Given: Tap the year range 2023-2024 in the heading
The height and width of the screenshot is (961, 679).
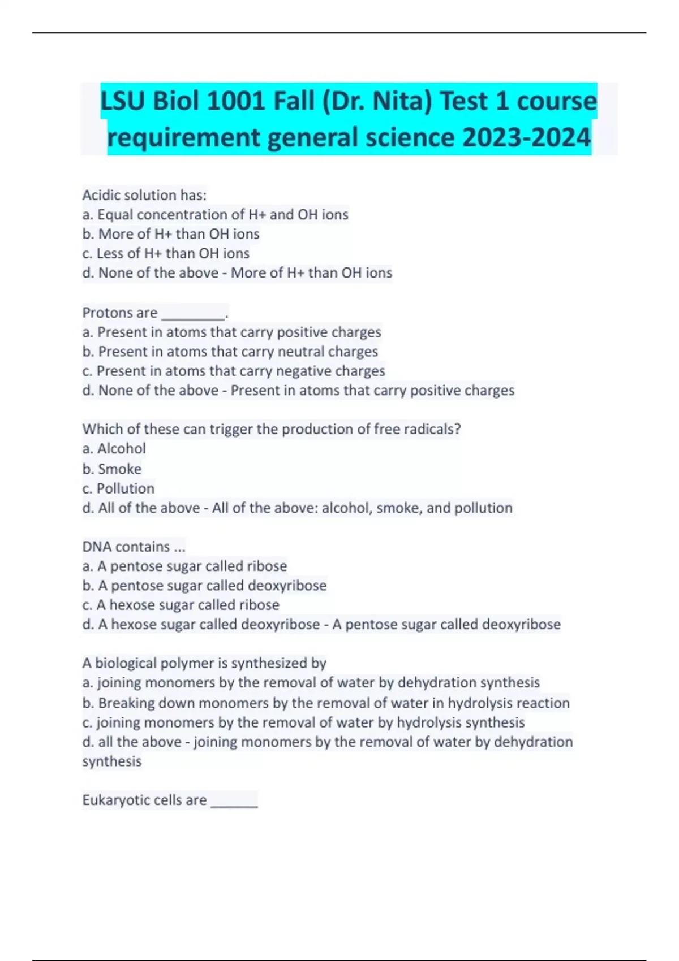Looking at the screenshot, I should pos(526,137).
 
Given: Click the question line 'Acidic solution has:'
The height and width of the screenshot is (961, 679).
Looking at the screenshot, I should pos(144,195).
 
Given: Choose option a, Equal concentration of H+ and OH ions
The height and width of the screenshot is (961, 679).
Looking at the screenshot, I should pos(215,215).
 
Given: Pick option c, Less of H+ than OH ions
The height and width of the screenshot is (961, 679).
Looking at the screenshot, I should pos(166,253).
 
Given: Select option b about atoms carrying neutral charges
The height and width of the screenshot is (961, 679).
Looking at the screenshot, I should pos(230,352).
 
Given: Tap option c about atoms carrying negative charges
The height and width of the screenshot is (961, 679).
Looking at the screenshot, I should pos(233,371).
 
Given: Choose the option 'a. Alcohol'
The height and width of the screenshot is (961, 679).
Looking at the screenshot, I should pos(114,449).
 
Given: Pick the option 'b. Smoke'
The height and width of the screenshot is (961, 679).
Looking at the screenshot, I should pos(112,469).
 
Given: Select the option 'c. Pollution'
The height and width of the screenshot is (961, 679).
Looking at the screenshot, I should pos(118,488).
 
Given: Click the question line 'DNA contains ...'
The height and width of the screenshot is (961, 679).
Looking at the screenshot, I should pos(134,547).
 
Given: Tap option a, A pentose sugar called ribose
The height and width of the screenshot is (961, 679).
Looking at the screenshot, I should pos(184,566).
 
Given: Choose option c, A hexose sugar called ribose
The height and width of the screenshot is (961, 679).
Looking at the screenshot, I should pos(181,605).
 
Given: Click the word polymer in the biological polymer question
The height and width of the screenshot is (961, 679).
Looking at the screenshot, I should pos(182,663).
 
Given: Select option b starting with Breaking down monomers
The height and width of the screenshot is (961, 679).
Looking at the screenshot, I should pos(326,703).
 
